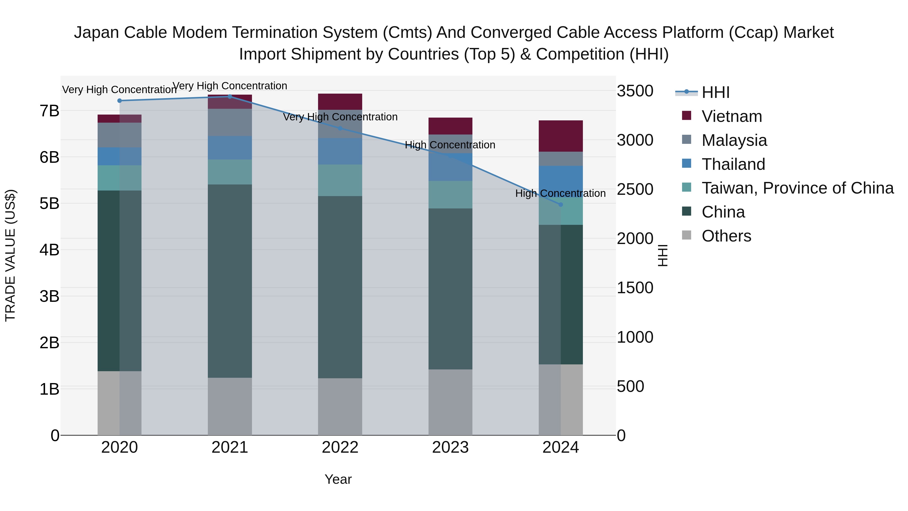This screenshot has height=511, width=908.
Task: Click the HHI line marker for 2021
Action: tap(230, 96)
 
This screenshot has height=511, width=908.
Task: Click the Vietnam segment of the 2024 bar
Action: tap(561, 136)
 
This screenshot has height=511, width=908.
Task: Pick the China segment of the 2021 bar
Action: tap(230, 281)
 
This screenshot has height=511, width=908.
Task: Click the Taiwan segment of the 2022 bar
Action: tap(340, 180)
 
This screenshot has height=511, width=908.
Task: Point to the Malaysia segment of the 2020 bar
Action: tap(120, 135)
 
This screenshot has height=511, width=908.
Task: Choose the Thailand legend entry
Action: tap(733, 164)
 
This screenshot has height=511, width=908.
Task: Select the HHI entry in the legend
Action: tap(716, 92)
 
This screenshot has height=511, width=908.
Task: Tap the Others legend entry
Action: tap(726, 236)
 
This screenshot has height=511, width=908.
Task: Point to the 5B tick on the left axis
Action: tap(49, 203)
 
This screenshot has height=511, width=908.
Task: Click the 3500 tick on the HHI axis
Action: tap(635, 91)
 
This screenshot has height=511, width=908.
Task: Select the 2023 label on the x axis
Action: tap(450, 447)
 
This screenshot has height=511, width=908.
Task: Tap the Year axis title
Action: tap(338, 479)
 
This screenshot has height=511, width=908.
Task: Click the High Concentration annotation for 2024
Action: tap(560, 193)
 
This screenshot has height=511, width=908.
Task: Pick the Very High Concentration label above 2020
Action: tap(120, 90)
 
